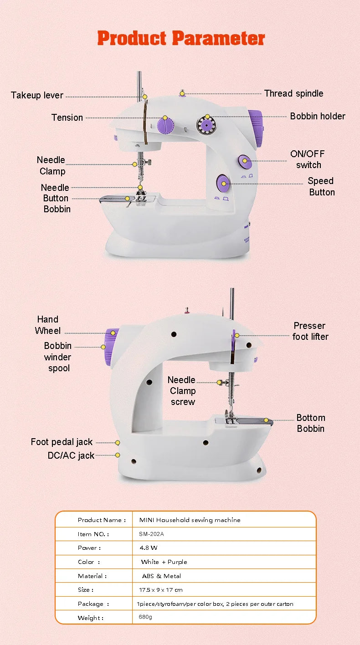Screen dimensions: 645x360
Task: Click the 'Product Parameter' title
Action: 181,38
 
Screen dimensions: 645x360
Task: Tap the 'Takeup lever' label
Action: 37,96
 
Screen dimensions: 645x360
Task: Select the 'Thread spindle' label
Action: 293,93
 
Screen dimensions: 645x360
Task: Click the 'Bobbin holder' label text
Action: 317,116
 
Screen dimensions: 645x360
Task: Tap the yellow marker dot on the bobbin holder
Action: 207,117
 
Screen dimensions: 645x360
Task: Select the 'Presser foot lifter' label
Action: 310,331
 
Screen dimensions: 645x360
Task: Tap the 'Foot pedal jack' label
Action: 62,442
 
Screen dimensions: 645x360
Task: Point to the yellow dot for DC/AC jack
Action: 118,455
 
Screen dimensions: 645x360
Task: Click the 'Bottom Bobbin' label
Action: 310,423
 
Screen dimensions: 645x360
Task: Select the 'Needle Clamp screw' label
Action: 182,391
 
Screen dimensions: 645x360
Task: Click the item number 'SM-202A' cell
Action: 151,534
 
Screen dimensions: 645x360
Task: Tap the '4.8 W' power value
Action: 149,548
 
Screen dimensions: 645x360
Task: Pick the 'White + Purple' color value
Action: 164,562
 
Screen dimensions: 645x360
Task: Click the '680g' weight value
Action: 146,618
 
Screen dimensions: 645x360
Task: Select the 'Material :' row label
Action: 93,576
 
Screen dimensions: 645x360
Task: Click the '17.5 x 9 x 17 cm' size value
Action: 160,590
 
